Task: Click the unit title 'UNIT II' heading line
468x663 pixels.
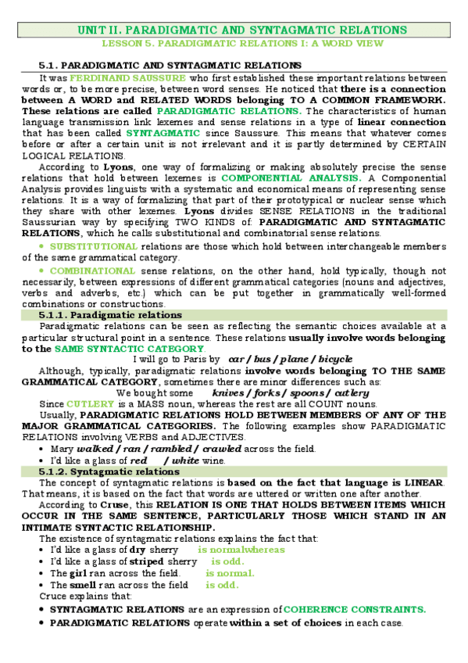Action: coord(242,30)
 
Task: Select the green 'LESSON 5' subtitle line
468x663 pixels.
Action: coord(242,44)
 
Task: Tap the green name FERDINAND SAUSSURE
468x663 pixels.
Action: coord(127,78)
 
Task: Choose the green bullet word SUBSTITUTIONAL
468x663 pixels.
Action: coord(91,246)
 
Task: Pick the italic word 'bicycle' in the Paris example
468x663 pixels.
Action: coord(332,359)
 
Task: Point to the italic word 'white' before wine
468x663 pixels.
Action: coord(187,461)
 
